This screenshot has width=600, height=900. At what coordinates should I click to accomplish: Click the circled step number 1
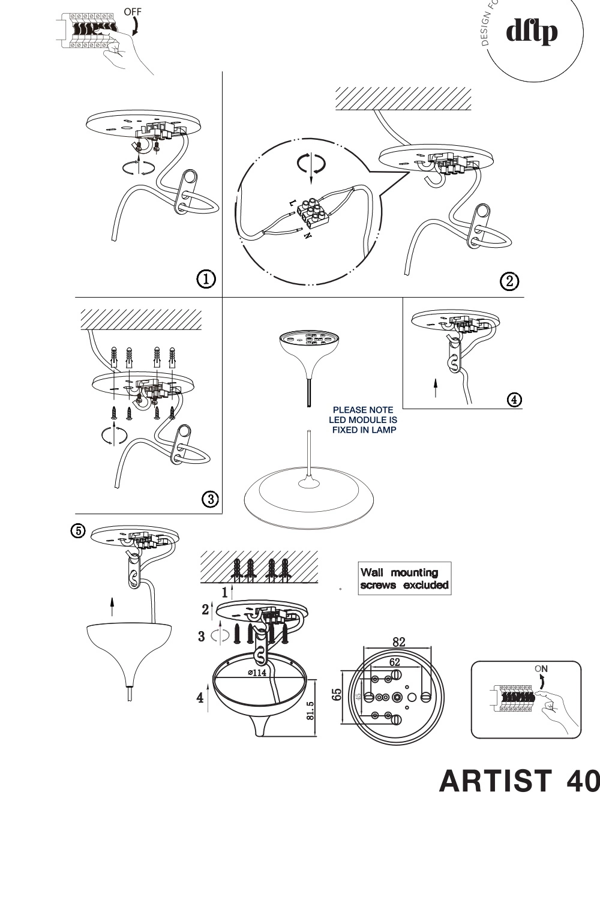tap(206, 278)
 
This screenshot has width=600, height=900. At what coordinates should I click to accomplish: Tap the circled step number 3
tap(209, 499)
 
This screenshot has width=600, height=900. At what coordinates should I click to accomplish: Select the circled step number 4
tap(514, 398)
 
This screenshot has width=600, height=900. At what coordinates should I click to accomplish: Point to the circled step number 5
tap(79, 530)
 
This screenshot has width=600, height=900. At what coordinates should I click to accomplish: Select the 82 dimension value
tap(399, 641)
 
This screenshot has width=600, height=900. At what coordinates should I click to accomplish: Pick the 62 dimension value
tap(394, 662)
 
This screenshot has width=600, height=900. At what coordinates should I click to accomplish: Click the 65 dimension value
tap(337, 695)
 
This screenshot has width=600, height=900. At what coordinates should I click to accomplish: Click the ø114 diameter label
tap(257, 673)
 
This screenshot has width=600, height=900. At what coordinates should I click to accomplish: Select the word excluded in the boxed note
tap(426, 585)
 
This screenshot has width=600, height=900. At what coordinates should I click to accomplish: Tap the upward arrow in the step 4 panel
tap(436, 388)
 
